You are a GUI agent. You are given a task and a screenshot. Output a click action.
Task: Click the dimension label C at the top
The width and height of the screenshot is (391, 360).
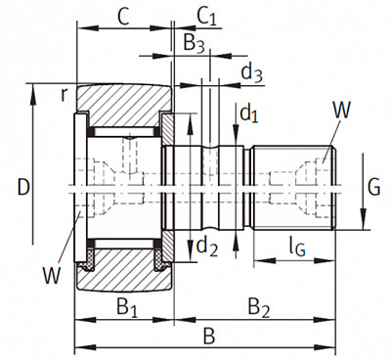point(124,18)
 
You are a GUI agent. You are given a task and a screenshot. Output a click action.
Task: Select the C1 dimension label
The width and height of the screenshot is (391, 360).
point(206,17)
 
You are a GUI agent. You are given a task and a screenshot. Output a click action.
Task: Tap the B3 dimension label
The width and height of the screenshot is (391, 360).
point(194,44)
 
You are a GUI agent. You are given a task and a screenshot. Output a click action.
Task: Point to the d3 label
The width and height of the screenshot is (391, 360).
point(251,72)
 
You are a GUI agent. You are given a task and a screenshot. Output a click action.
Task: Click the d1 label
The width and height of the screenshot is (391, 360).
point(249,114)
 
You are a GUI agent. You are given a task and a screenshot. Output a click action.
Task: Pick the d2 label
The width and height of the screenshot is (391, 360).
point(207,247)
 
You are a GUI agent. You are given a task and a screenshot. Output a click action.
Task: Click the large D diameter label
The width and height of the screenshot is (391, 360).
point(23,188)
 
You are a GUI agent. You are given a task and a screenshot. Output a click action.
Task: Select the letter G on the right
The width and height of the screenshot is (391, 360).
point(373,187)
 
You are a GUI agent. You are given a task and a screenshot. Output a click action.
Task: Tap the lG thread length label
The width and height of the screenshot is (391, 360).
point(297,247)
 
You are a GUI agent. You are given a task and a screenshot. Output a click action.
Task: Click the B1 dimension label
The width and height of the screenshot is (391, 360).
point(127,307)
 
